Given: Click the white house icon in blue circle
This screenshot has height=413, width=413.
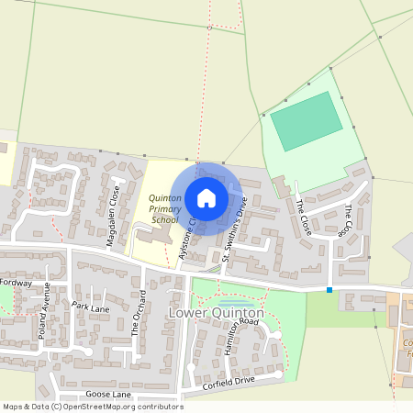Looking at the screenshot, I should [206, 197].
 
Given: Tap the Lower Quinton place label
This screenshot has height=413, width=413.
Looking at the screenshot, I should [217, 314].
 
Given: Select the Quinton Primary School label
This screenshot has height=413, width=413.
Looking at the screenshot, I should [165, 208].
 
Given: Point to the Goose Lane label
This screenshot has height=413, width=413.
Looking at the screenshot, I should [108, 395].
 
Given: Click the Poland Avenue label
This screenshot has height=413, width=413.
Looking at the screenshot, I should [45, 318].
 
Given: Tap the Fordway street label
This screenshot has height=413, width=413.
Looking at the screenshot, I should [17, 284].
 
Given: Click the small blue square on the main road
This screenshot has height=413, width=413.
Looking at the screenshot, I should [329, 290].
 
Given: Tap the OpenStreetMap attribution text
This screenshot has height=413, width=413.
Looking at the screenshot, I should [92, 407].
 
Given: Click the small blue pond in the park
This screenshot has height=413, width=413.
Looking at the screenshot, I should [234, 303].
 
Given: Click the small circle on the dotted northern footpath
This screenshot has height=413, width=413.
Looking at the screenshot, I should [209, 28].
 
